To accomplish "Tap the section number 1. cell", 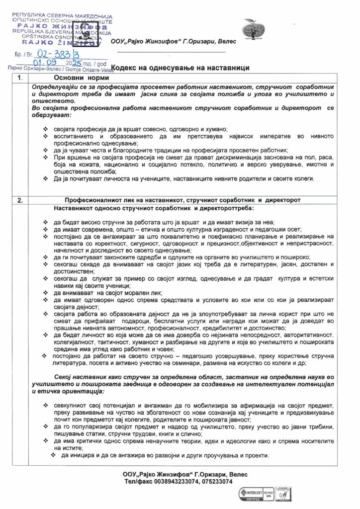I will tap(20, 78).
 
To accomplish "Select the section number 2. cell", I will tap(20, 200).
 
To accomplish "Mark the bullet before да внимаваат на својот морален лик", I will tap(46, 294).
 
